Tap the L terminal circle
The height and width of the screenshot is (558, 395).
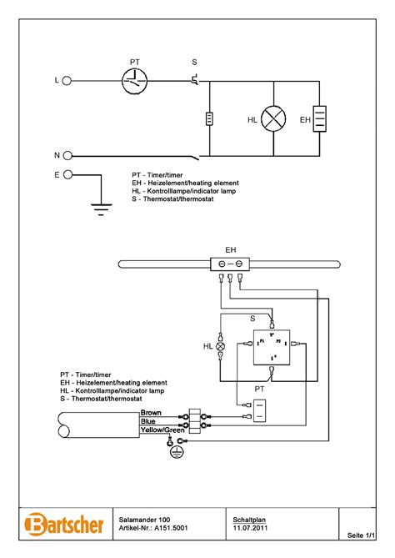(67, 81)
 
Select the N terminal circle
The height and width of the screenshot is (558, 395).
(67, 156)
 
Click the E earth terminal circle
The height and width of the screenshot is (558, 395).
(67, 175)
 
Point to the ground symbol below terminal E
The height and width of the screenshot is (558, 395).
(102, 209)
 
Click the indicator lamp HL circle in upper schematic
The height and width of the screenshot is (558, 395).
(273, 119)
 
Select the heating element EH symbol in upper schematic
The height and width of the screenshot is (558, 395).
(318, 119)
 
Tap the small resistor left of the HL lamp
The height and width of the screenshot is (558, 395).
(208, 119)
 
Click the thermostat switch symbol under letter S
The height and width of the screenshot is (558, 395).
(195, 80)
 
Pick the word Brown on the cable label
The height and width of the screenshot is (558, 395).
(151, 413)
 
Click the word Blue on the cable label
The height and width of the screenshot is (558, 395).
(148, 421)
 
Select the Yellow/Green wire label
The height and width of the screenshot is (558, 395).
(162, 430)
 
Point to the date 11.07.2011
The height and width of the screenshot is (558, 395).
(251, 528)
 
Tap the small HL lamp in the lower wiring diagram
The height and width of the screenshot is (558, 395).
(221, 345)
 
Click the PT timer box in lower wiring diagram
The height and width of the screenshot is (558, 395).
(259, 409)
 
